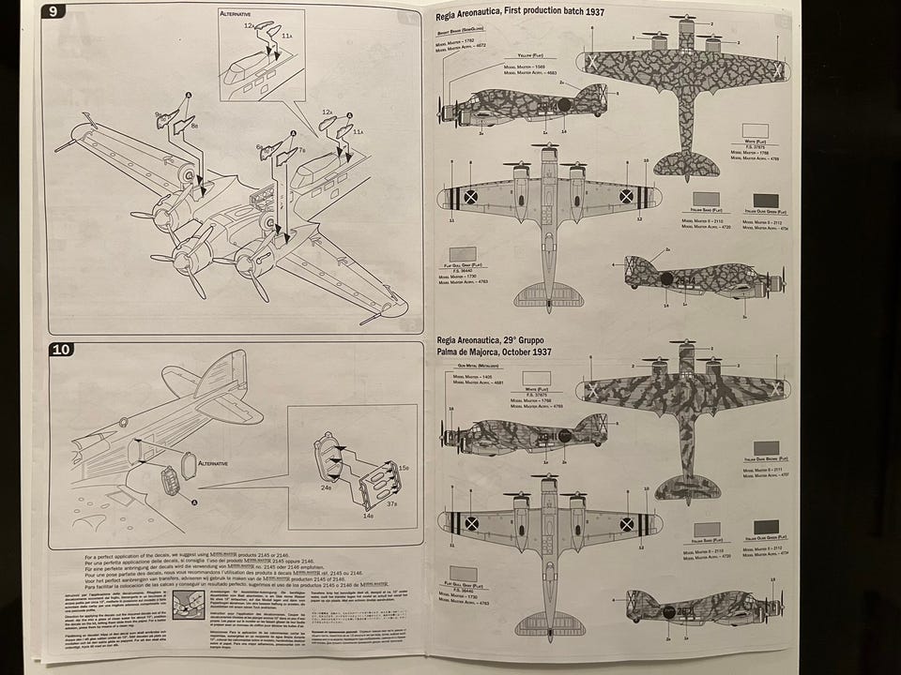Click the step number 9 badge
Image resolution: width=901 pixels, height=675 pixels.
[54, 11]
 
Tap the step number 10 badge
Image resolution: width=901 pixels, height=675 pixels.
[61, 350]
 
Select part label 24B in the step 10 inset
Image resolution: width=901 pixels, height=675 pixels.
[326, 487]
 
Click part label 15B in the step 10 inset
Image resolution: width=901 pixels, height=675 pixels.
[404, 467]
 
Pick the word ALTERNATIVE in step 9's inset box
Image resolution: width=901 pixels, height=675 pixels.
[241, 16]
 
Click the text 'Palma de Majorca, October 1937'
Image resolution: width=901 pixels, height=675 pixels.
[494, 352]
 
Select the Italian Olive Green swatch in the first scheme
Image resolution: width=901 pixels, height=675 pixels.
[765, 201]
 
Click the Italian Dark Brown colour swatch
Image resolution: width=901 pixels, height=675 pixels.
[766, 448]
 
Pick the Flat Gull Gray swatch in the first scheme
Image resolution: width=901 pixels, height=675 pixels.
[462, 254]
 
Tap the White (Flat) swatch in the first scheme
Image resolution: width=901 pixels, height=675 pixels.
[755, 131]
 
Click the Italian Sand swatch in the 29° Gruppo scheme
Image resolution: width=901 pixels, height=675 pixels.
[706, 530]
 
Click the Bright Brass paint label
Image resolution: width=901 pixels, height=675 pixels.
[457, 32]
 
